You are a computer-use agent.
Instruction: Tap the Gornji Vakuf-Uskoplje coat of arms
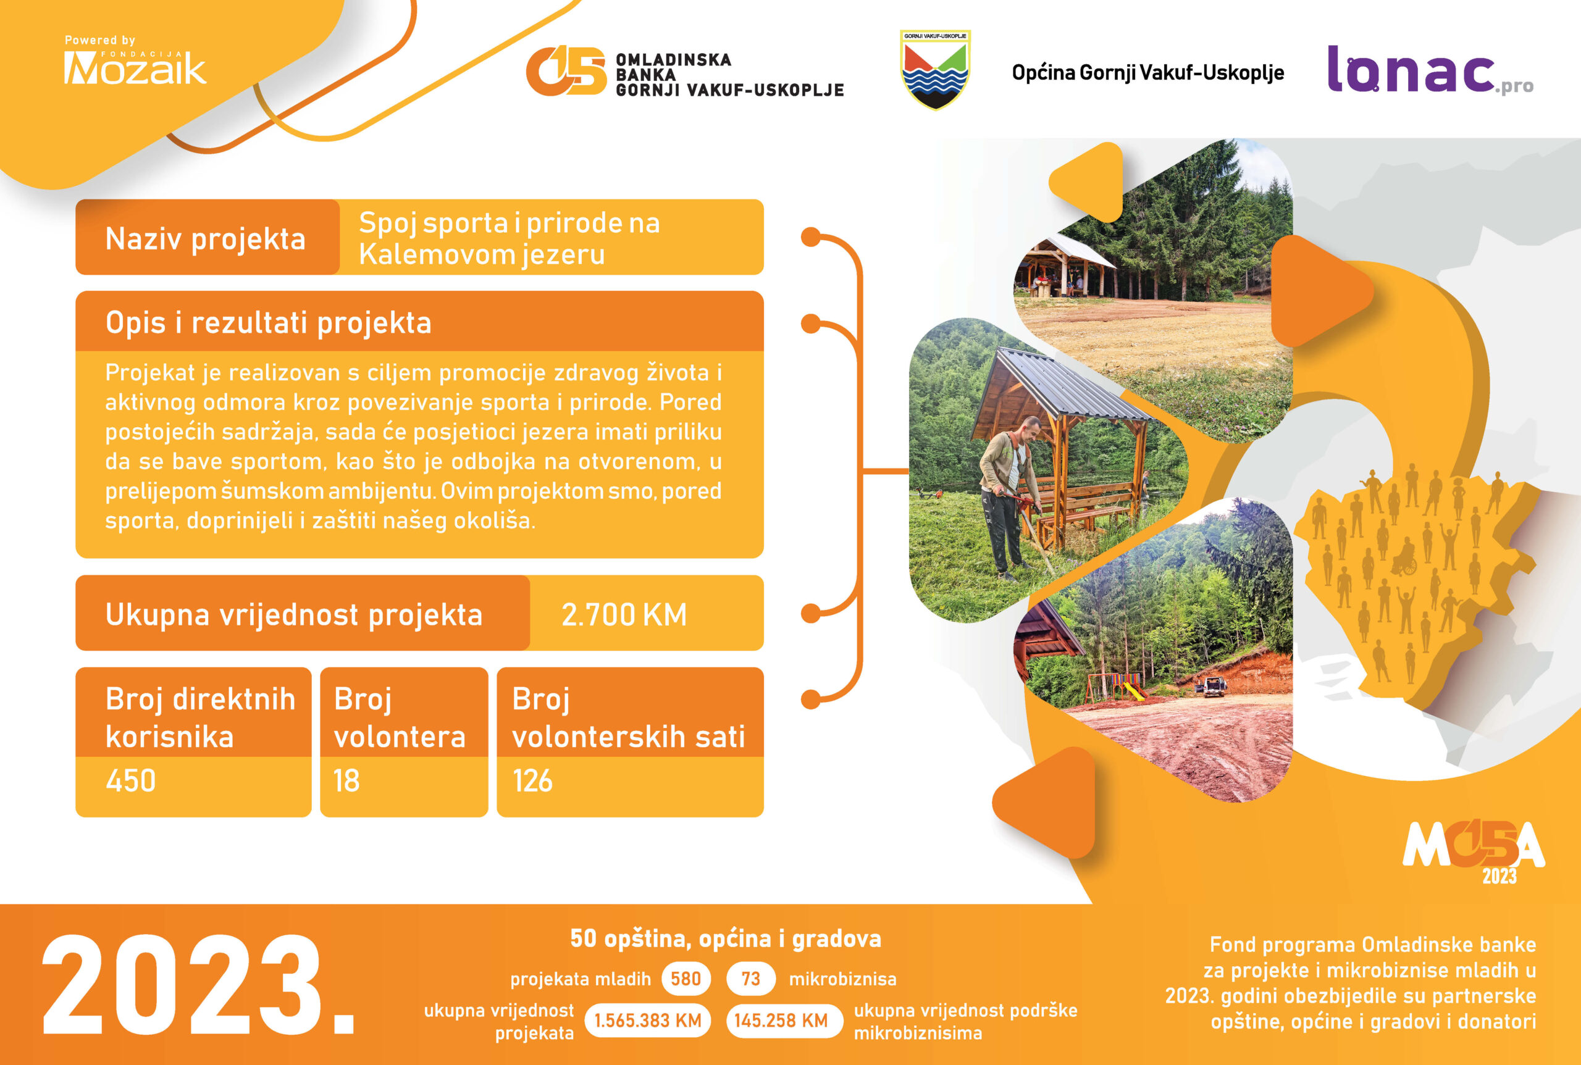(x=935, y=69)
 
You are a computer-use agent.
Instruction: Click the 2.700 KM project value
(x=624, y=615)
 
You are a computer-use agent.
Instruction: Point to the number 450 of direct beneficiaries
(x=130, y=780)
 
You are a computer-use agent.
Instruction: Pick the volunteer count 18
(x=346, y=780)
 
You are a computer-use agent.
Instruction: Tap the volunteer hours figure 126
(x=533, y=780)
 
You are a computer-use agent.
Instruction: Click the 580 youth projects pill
(x=686, y=979)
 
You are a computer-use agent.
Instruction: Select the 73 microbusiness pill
(x=751, y=979)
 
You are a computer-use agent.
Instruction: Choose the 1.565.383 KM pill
(x=647, y=1020)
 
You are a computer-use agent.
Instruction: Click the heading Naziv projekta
(x=205, y=239)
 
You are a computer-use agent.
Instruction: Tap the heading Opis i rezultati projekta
(x=269, y=323)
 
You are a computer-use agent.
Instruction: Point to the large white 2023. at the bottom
(x=199, y=985)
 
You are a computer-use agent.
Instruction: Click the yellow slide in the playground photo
(x=1133, y=691)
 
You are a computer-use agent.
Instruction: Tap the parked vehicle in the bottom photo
(x=1210, y=687)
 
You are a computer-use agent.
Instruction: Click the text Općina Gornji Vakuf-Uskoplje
(x=1147, y=73)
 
